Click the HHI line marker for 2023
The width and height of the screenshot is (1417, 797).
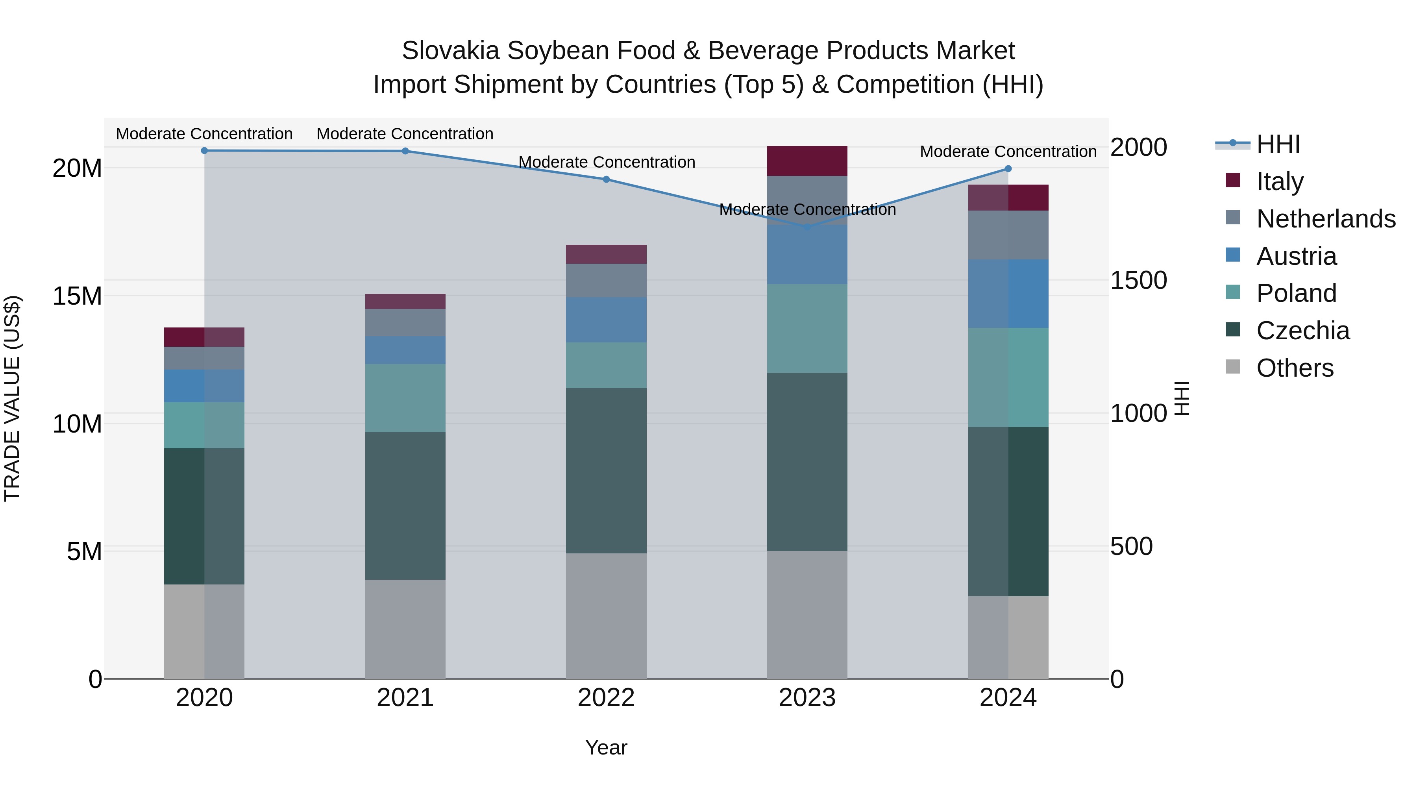[x=807, y=227]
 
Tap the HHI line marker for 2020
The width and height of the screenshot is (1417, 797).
[x=204, y=150]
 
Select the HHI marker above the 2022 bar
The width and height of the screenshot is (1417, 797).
[x=606, y=179]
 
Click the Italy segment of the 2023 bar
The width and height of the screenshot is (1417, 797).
[x=807, y=161]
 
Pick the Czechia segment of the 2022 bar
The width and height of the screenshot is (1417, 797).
[x=606, y=470]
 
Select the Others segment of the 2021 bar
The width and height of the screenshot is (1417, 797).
[x=405, y=629]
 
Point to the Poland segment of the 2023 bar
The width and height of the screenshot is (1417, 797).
[x=807, y=328]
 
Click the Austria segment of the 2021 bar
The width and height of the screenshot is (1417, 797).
[x=405, y=350]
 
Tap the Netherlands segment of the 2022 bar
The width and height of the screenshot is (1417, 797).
[x=606, y=281]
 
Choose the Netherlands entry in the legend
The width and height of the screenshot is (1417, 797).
[x=1326, y=219]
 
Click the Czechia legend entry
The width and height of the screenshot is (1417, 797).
[x=1302, y=331]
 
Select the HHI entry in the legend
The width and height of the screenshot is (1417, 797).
[x=1278, y=144]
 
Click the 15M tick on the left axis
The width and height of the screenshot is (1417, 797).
[x=77, y=296]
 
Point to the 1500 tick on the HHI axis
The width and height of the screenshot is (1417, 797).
[x=1138, y=280]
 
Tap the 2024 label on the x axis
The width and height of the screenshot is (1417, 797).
[x=1008, y=698]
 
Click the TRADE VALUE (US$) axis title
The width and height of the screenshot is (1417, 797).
[x=12, y=398]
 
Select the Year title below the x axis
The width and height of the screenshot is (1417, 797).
[x=606, y=747]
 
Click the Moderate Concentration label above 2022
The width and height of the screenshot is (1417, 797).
[x=607, y=162]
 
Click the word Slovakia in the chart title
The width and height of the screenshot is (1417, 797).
[x=450, y=51]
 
